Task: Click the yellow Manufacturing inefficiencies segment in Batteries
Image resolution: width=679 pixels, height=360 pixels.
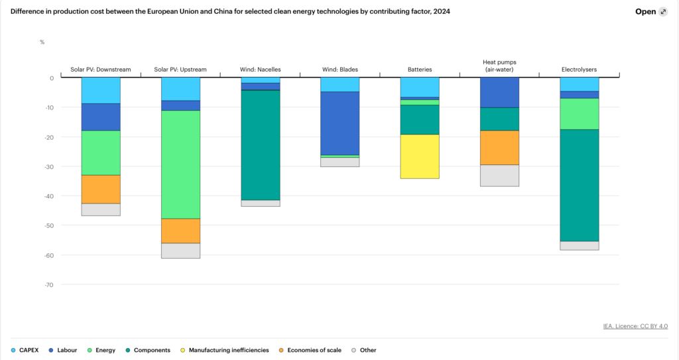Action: click(x=420, y=156)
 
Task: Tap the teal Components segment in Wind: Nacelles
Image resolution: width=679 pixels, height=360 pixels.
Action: click(x=260, y=145)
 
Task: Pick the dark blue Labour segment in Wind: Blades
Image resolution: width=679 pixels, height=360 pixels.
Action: click(x=339, y=123)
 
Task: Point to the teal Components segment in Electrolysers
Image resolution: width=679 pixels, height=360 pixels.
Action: click(x=579, y=185)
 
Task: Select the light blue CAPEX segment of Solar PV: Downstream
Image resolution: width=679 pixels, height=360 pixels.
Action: click(x=101, y=90)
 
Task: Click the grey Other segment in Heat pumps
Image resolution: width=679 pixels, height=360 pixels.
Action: click(x=499, y=176)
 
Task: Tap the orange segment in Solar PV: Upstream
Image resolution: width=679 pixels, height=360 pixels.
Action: click(x=180, y=231)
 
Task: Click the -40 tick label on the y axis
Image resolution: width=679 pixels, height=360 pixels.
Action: click(x=48, y=196)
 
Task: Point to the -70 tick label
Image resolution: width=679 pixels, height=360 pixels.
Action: click(x=48, y=284)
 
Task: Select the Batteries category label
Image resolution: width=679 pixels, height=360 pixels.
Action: click(x=420, y=70)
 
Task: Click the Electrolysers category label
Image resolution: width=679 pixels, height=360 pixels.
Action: click(x=579, y=70)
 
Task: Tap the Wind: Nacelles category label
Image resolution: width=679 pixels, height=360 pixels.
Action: click(x=260, y=70)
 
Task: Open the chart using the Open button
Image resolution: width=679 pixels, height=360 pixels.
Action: click(x=650, y=11)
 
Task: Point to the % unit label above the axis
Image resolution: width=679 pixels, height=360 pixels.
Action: click(x=42, y=42)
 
